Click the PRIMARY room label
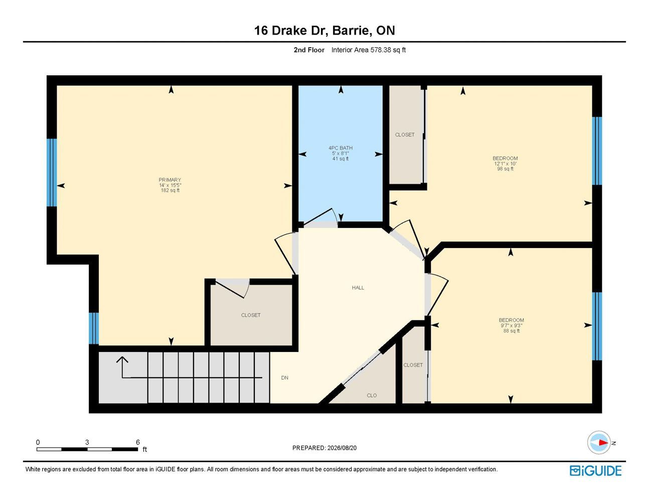click(x=170, y=180)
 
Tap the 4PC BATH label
click(x=341, y=148)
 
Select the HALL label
click(x=358, y=288)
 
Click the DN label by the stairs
click(x=285, y=378)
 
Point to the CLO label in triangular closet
click(x=372, y=396)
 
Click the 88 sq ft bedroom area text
click(x=511, y=331)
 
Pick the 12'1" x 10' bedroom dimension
click(x=506, y=164)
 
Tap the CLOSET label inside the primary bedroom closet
click(x=251, y=315)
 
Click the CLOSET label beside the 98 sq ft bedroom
click(x=405, y=135)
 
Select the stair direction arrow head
click(x=122, y=359)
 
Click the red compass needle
click(x=603, y=443)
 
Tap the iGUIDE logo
click(x=595, y=471)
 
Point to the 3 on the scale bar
click(x=87, y=442)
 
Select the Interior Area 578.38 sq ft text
click(x=368, y=50)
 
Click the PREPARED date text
click(x=324, y=448)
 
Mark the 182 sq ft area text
click(x=170, y=190)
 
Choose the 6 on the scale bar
click(x=138, y=442)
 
